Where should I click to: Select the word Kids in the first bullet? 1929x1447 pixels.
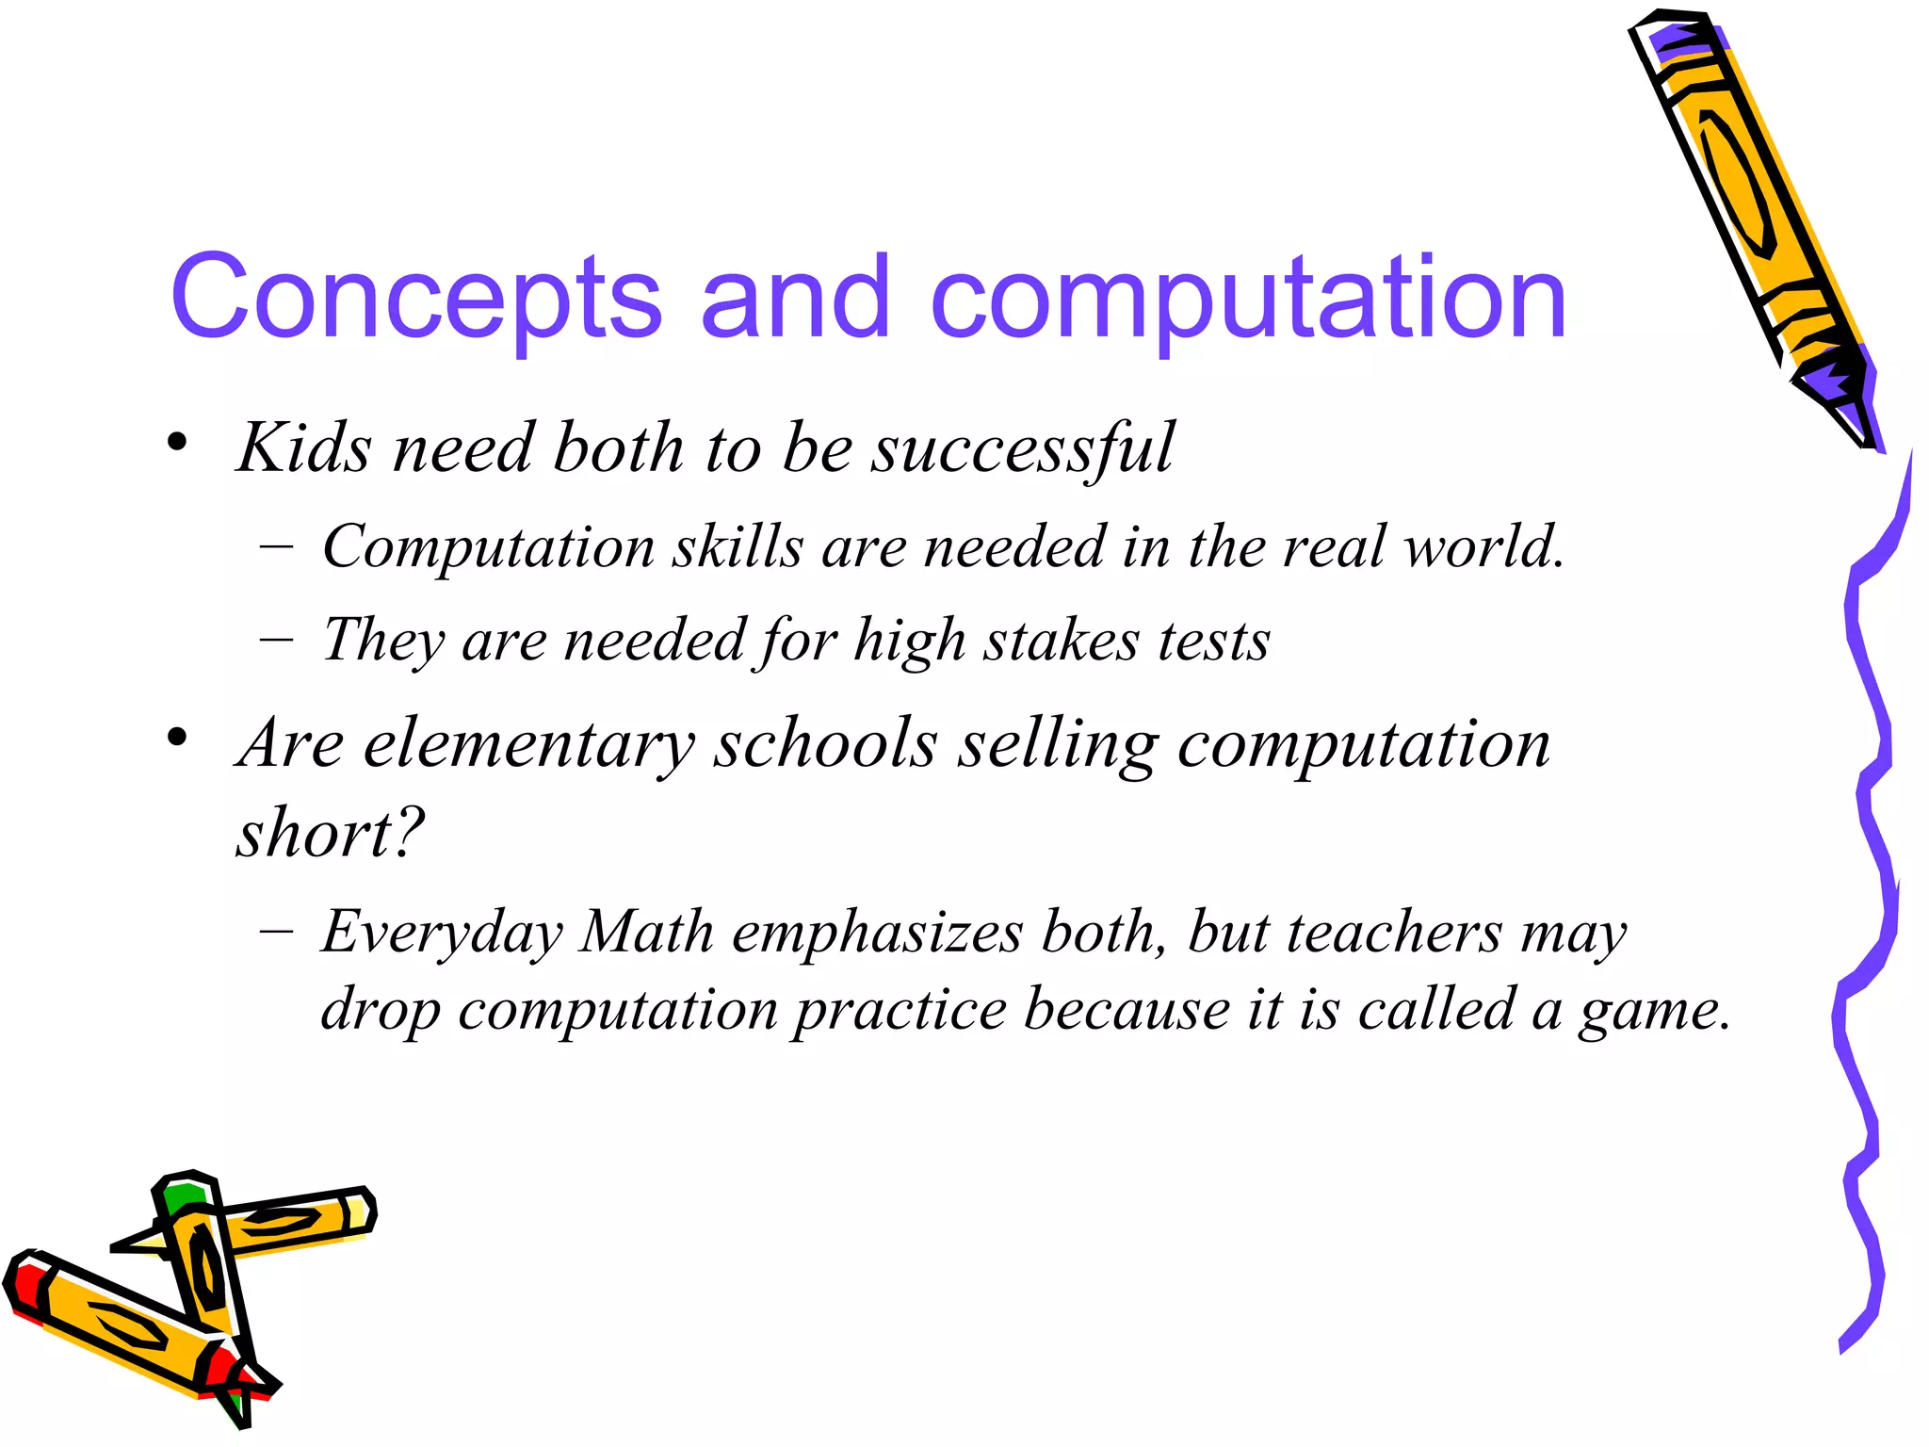pyautogui.click(x=304, y=447)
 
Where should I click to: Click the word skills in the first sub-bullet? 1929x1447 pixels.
pyautogui.click(x=738, y=547)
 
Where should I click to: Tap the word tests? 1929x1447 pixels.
pyautogui.click(x=1214, y=642)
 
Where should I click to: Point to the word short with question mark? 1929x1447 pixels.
pyautogui.click(x=330, y=834)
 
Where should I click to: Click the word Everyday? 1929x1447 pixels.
pyautogui.click(x=442, y=934)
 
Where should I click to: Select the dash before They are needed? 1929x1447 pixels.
pyautogui.click(x=276, y=640)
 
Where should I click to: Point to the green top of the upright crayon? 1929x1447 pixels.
pyautogui.click(x=182, y=1199)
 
